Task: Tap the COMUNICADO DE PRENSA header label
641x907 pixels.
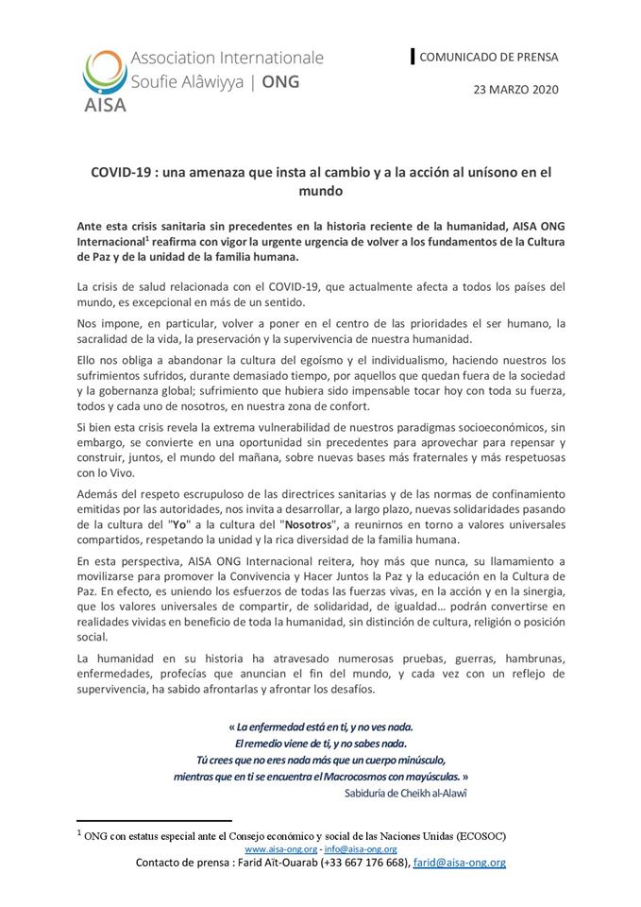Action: point(488,57)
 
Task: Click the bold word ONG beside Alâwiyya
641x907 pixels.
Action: point(280,81)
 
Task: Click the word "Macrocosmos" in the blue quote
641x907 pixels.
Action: point(355,776)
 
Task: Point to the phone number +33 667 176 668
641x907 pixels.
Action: point(355,864)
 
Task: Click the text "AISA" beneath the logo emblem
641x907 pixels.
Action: point(104,102)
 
